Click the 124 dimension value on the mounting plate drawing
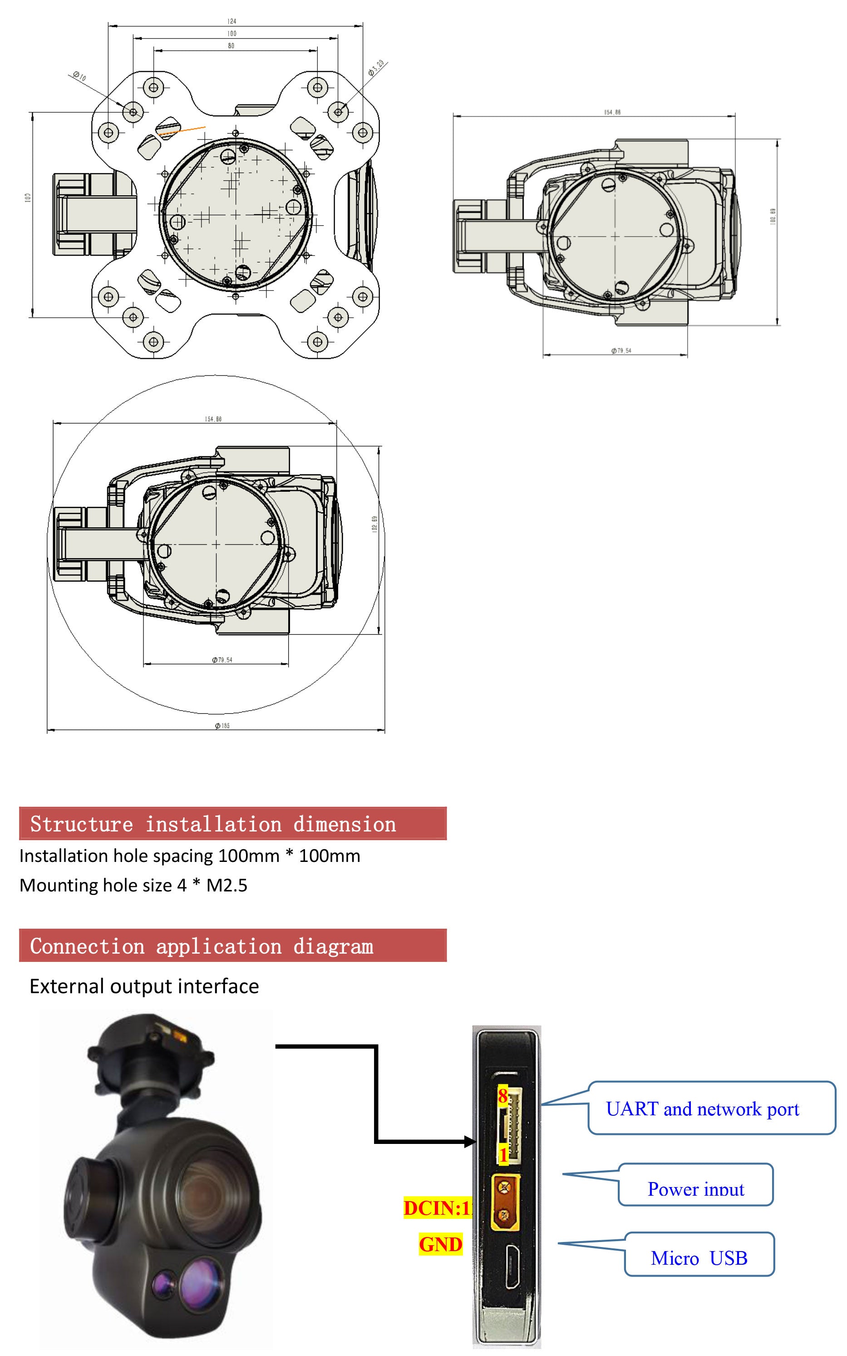(231, 21)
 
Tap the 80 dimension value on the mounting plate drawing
(231, 46)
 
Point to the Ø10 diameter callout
(79, 77)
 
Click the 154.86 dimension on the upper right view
(612, 113)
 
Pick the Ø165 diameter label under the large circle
(222, 726)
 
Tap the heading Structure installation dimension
(213, 824)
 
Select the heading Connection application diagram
(202, 946)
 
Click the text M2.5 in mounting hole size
(227, 886)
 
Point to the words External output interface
(144, 986)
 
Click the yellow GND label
(440, 1244)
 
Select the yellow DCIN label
(436, 1208)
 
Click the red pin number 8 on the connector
(502, 1096)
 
